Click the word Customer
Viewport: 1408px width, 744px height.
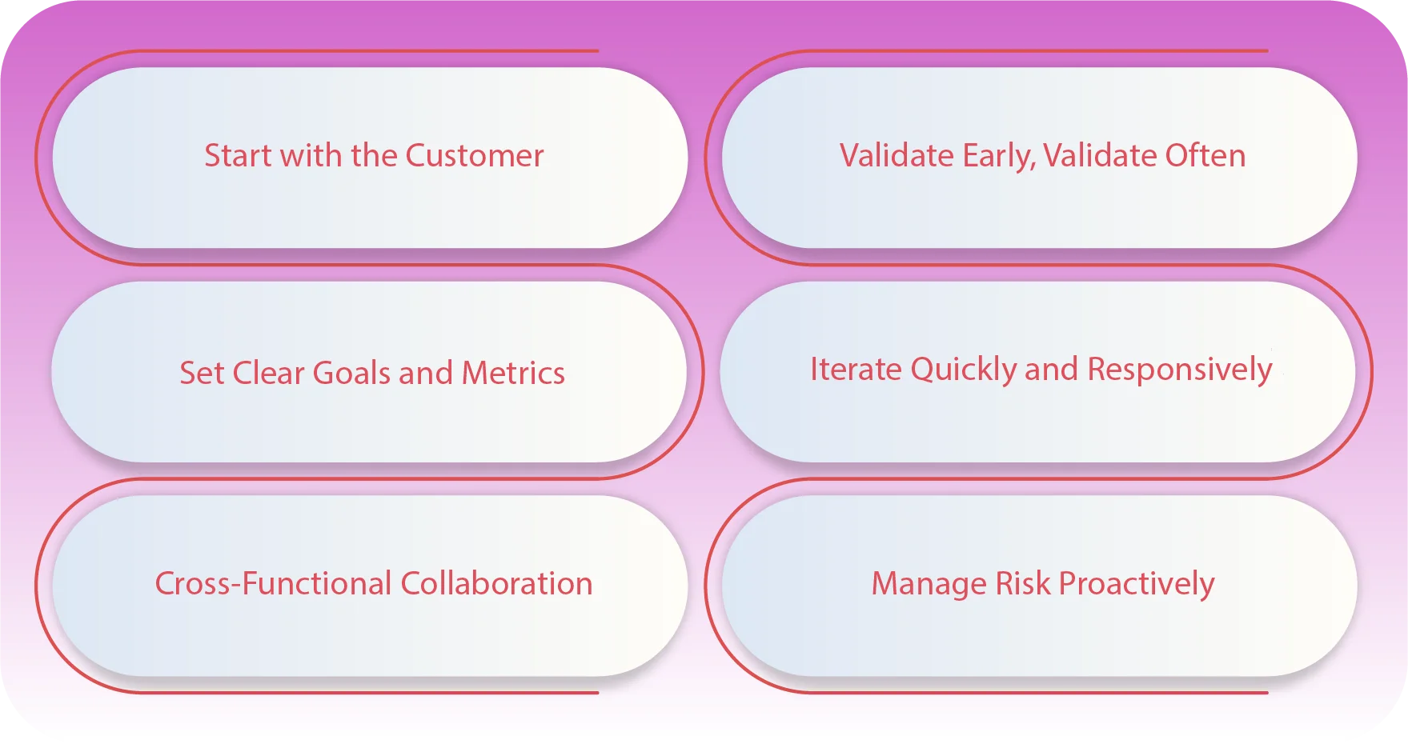(x=475, y=155)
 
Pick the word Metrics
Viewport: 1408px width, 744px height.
(x=513, y=373)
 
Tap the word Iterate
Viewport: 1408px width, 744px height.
(x=856, y=370)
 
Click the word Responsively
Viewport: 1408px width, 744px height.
(x=1179, y=370)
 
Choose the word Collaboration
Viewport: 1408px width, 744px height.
(x=496, y=583)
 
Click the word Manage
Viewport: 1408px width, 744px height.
(x=929, y=584)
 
